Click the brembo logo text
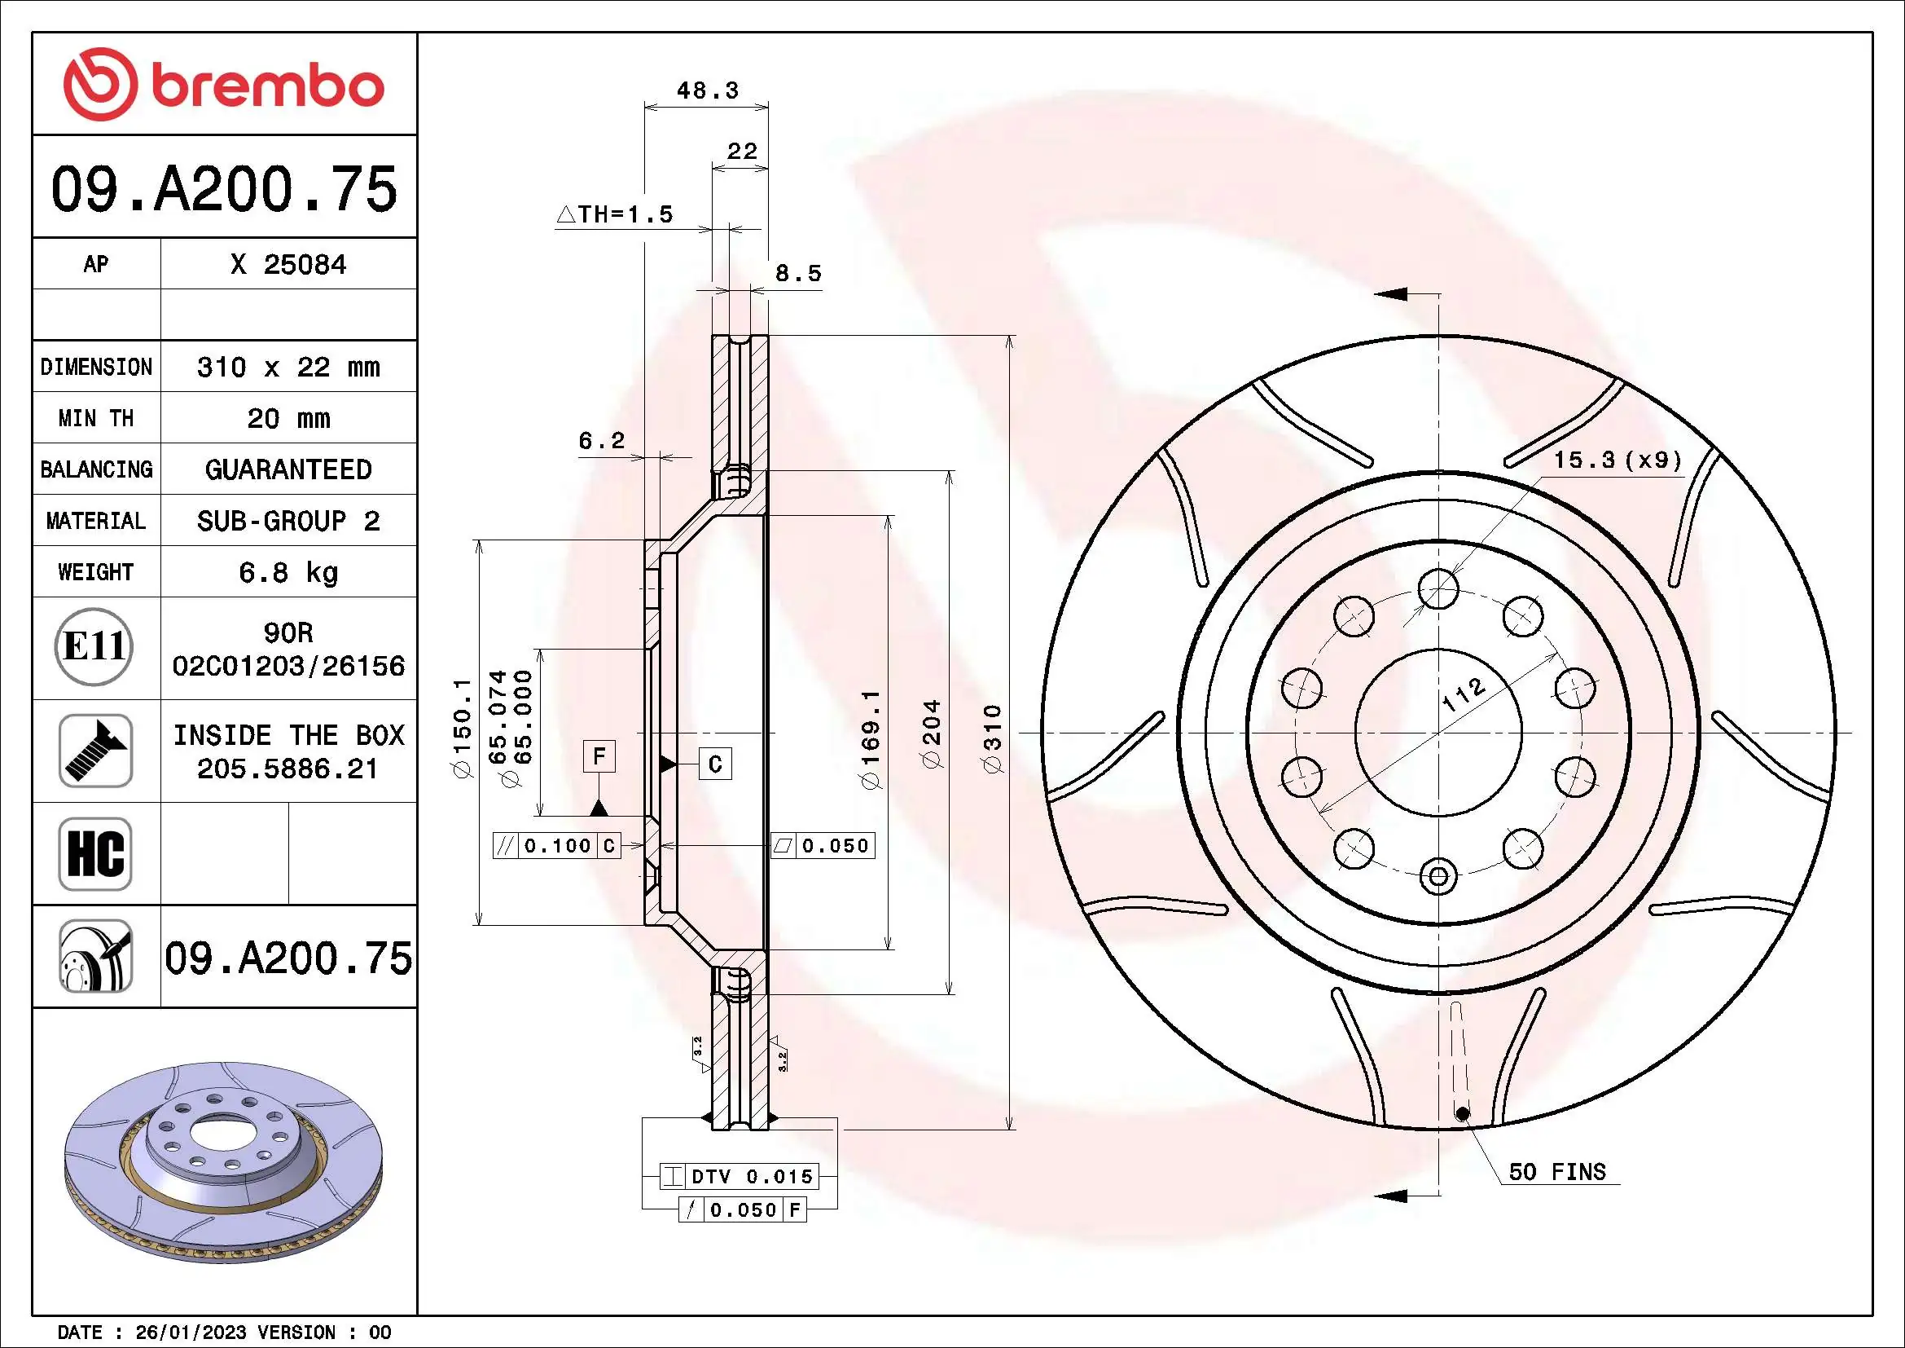tap(267, 87)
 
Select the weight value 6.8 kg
tap(288, 572)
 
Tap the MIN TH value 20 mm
tap(288, 418)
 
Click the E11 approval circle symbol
tap(94, 646)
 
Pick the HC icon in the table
tap(95, 853)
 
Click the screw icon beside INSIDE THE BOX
tap(95, 751)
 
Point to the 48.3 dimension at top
tap(707, 90)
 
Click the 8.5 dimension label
tap(798, 274)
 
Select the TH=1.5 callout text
tap(615, 215)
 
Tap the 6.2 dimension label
tap(602, 441)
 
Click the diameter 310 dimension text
tap(992, 738)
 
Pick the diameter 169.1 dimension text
tap(871, 738)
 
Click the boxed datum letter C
tap(715, 763)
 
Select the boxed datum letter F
tap(599, 756)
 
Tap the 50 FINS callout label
tap(1556, 1172)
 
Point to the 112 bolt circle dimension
tap(1463, 694)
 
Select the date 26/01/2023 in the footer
tap(191, 1333)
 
